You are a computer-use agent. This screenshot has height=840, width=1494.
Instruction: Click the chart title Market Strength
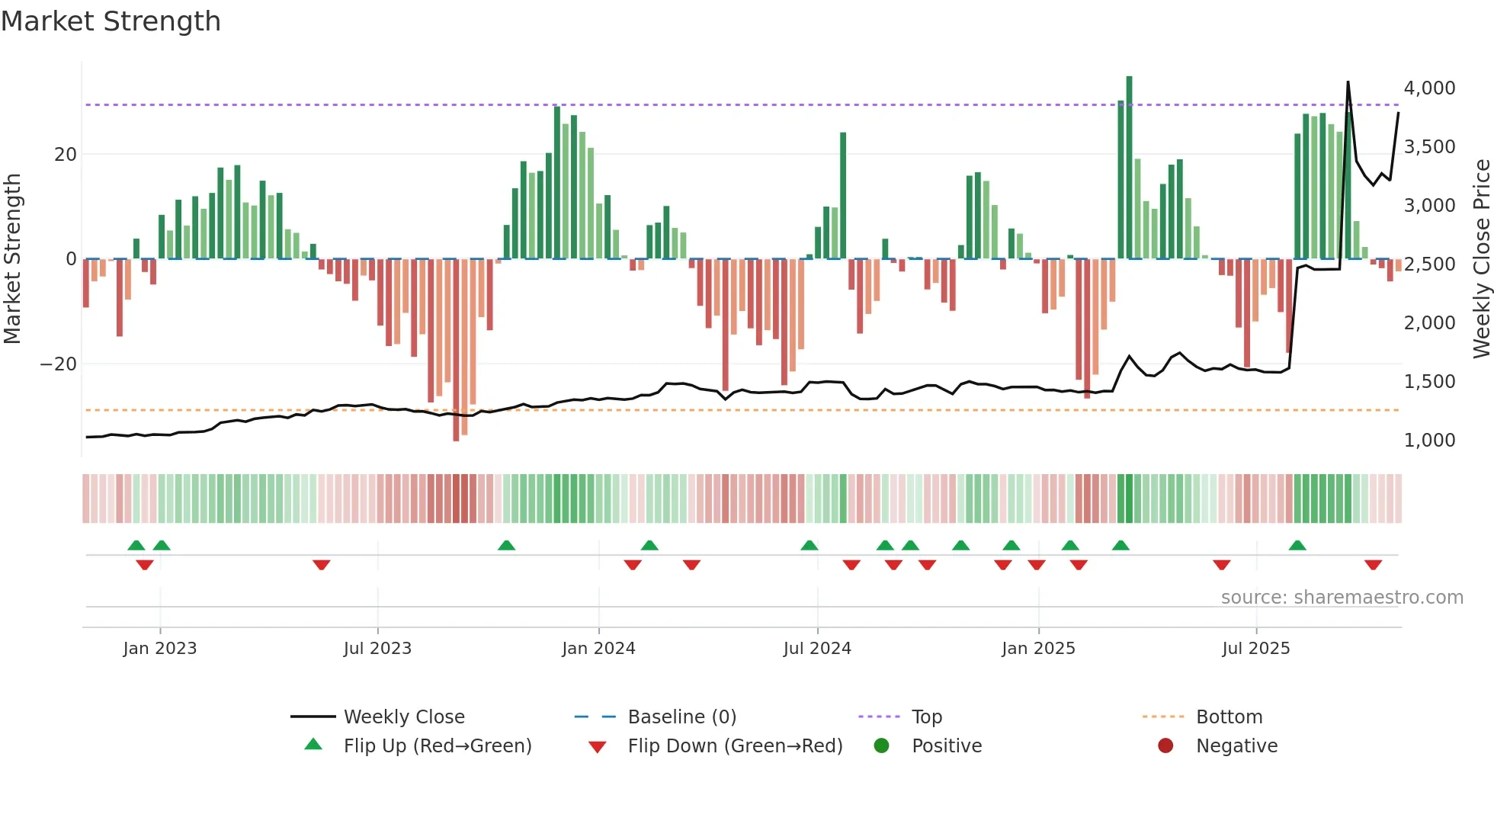[x=111, y=21]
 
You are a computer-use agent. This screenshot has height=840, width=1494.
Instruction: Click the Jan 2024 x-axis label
[x=598, y=649]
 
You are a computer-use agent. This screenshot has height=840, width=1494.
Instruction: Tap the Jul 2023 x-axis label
[x=377, y=649]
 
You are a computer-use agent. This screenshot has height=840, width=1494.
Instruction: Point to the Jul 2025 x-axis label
[x=1255, y=649]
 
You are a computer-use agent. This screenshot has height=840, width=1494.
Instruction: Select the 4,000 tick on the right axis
[x=1429, y=88]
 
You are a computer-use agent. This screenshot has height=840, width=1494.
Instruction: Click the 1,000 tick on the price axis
[x=1429, y=441]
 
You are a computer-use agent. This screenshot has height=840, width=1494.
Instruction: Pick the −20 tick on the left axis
[x=59, y=364]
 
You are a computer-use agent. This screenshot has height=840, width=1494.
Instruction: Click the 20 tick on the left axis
[x=66, y=155]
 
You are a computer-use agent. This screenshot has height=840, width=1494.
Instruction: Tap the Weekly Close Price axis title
[x=1481, y=259]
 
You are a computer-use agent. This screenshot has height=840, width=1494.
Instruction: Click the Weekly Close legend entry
[x=404, y=717]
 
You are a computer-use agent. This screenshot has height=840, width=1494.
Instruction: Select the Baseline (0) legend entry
[x=681, y=717]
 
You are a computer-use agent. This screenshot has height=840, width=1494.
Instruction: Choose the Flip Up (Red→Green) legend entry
[x=437, y=746]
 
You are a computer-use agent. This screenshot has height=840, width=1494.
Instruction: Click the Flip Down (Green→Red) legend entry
[x=735, y=746]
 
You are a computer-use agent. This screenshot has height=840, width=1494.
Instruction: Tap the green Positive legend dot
[x=881, y=746]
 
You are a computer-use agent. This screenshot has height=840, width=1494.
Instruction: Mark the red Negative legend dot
[x=1165, y=746]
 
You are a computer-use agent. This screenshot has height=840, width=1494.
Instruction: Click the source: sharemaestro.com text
[x=1342, y=598]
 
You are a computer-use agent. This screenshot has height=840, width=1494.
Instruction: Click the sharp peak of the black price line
[x=1348, y=82]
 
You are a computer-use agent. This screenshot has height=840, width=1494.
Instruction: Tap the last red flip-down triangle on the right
[x=1373, y=565]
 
